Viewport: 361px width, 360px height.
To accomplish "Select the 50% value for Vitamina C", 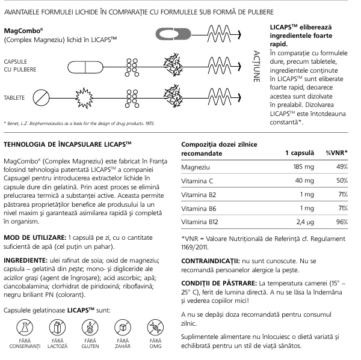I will [x=342, y=181].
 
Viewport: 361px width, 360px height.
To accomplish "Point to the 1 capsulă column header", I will [x=298, y=152].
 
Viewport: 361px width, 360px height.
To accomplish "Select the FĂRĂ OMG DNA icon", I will [x=156, y=328].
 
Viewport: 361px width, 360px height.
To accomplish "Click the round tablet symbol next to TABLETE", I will [x=40, y=97].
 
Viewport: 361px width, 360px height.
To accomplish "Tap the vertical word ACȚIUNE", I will [x=257, y=66].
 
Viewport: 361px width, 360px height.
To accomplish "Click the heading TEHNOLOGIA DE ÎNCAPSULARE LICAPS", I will [x=71, y=144].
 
